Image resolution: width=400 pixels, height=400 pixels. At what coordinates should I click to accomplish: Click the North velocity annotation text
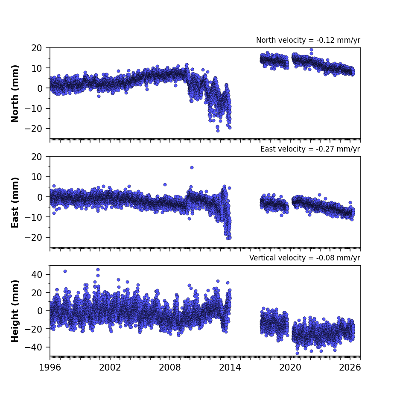(308, 40)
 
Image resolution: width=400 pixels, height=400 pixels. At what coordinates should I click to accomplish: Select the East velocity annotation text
(310, 149)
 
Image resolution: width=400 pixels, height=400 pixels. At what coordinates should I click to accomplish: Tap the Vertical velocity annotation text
(305, 258)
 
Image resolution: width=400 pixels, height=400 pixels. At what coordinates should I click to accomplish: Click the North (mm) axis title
(15, 93)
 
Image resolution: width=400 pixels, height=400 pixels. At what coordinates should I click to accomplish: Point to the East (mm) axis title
(15, 202)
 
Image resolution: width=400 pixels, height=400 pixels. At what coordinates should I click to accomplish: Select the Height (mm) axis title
(15, 311)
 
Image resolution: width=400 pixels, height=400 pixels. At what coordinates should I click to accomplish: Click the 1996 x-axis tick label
(50, 368)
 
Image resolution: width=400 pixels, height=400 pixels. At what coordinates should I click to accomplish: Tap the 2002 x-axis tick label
(110, 368)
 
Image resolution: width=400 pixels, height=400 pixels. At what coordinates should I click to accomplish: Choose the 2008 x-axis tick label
(170, 368)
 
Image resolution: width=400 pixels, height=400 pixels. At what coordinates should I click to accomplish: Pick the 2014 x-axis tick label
(230, 368)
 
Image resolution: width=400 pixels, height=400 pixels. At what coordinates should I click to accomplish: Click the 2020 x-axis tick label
(290, 368)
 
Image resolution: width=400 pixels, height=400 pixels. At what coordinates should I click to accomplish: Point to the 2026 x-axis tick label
(350, 368)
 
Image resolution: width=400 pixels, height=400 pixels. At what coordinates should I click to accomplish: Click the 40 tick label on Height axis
(37, 275)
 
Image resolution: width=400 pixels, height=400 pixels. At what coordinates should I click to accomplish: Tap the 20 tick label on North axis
(37, 48)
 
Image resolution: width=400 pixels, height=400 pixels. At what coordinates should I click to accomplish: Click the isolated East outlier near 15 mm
(192, 168)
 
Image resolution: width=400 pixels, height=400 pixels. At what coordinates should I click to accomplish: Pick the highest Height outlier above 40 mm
(98, 270)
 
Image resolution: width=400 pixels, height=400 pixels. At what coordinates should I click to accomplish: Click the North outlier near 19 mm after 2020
(311, 50)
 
